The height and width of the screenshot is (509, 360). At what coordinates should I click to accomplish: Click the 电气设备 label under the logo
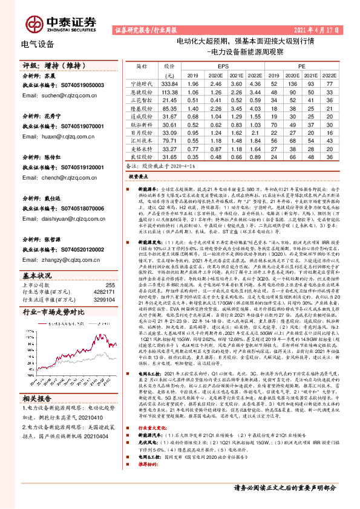[38, 45]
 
